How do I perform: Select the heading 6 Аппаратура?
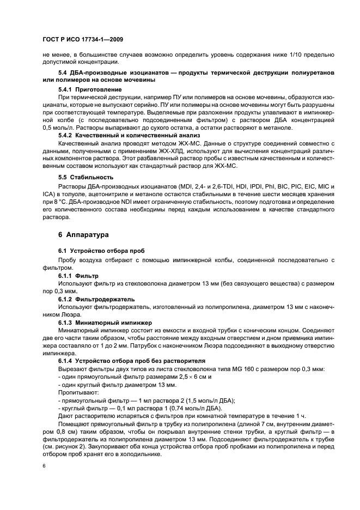[x=69, y=235]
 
